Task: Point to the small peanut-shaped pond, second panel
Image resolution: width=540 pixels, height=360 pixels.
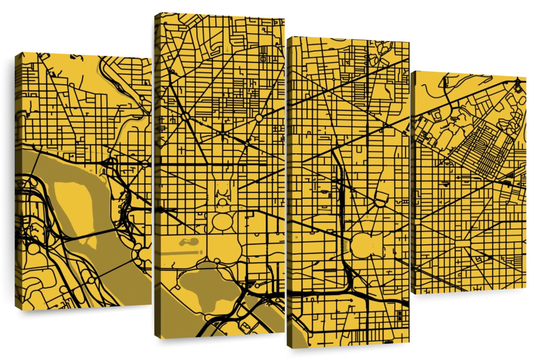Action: coord(189,242)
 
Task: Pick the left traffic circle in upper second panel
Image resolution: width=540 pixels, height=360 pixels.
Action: coord(185,117)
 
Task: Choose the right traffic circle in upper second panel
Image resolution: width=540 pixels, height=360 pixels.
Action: coord(259,118)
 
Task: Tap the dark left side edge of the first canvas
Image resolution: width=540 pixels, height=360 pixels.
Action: coord(18,180)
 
